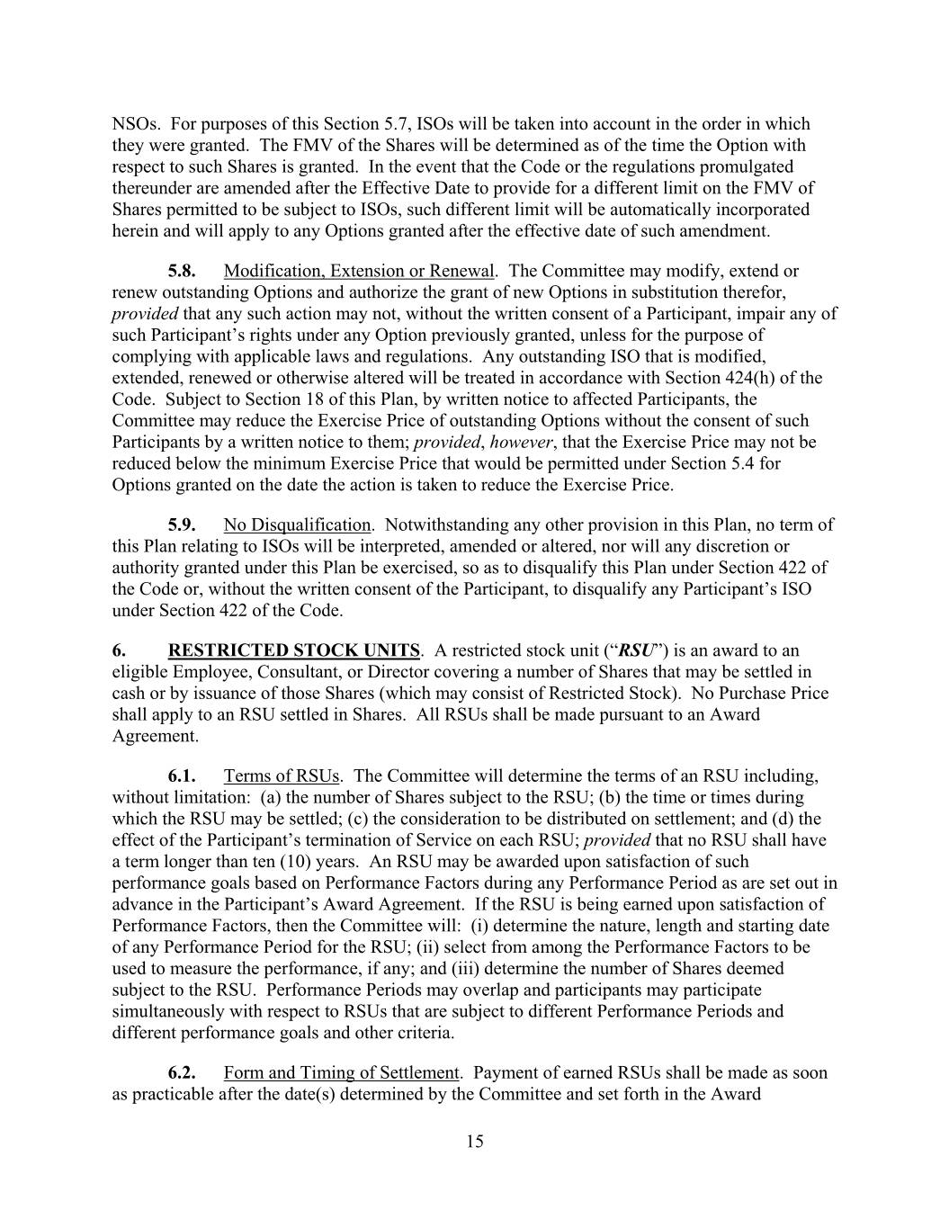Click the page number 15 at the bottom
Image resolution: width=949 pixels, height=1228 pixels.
[x=475, y=1142]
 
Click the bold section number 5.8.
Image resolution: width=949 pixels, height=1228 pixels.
[x=182, y=271]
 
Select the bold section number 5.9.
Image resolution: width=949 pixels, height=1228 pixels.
[x=182, y=524]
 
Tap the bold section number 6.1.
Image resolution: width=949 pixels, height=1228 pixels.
[x=182, y=775]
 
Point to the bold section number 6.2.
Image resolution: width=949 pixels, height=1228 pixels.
[x=182, y=1072]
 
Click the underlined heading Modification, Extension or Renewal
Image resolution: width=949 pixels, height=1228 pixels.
[x=359, y=271]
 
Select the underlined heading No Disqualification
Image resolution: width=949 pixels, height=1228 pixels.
[x=297, y=524]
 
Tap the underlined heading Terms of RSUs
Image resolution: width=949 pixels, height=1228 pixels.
[x=282, y=775]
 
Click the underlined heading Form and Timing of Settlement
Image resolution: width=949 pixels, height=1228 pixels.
[x=342, y=1072]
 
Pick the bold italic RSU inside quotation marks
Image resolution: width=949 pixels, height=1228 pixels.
[x=637, y=650]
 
